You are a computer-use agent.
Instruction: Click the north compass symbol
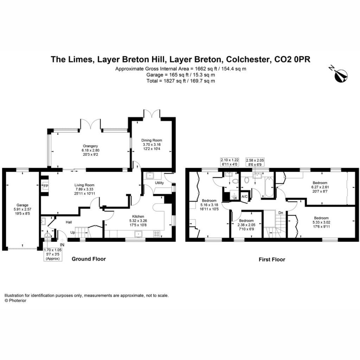coord(340,75)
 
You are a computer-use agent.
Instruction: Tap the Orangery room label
coord(90,146)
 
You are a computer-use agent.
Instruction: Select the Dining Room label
coord(152,140)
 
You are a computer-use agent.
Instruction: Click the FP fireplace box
coord(46,186)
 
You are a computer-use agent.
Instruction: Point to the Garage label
coord(22,205)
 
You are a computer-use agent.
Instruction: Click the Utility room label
coord(159,183)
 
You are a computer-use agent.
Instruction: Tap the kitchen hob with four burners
coord(156,234)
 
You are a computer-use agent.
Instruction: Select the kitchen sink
coord(139,234)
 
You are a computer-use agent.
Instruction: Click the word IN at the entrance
coord(62,245)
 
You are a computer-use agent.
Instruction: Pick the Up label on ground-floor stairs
coord(72,232)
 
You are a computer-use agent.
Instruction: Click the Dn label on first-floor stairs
coord(281,213)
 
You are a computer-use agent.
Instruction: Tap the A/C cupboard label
coord(245,197)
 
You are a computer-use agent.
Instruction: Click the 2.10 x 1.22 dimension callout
coord(230,162)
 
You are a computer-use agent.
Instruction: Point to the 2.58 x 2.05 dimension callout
coord(255,162)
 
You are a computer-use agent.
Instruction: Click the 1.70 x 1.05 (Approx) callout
coord(53,255)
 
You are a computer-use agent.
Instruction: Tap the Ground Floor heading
coord(89,259)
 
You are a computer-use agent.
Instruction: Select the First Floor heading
coord(272,259)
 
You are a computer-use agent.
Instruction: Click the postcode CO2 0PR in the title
coord(292,59)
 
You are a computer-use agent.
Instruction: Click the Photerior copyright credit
coord(15,301)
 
